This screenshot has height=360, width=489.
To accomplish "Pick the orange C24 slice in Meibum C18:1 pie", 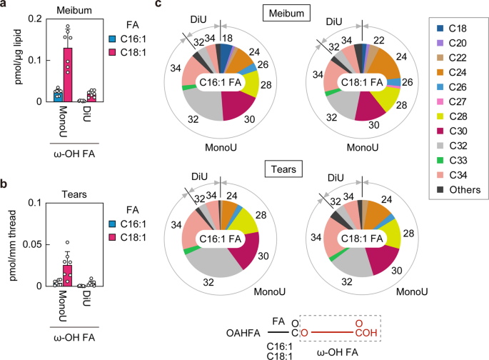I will pos(357,64).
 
